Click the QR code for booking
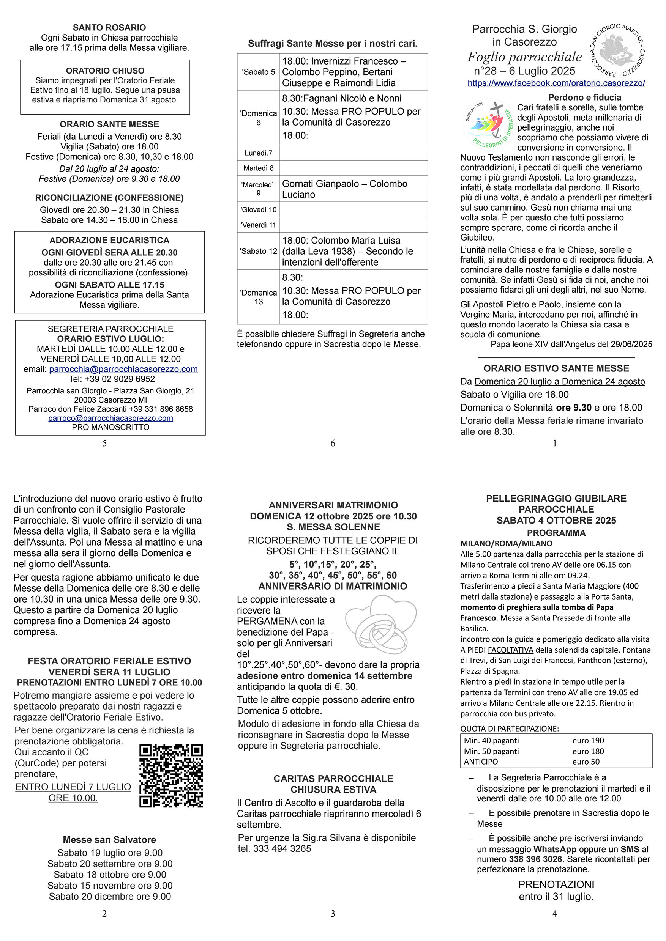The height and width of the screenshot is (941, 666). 171,776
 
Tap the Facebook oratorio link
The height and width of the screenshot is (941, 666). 556,83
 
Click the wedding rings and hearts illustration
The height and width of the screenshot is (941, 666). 381,625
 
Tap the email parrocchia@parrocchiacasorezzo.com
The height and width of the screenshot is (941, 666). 123,369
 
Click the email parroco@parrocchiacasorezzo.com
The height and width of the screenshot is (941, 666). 110,418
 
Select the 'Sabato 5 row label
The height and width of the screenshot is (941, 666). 258,72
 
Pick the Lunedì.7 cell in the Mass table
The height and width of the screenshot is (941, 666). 258,153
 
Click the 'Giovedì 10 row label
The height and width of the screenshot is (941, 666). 258,210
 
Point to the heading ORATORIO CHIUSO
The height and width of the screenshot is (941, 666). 105,71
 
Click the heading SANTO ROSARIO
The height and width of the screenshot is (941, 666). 109,27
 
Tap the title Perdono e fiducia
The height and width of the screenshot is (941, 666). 584,98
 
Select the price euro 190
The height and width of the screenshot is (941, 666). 588,740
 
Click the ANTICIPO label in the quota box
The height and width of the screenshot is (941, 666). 481,762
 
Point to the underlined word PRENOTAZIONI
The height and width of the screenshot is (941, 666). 556,884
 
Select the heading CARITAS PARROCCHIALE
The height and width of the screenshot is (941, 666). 333,778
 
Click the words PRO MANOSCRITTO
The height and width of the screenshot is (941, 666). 110,427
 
